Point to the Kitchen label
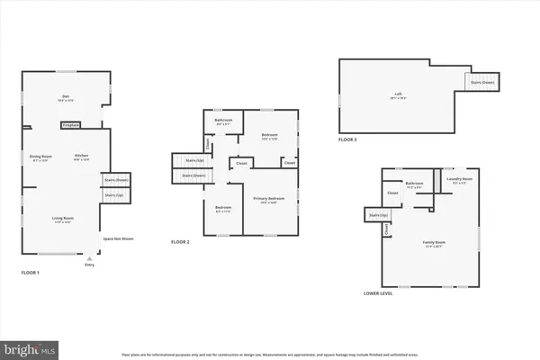click(80, 157)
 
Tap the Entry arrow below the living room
click(88, 257)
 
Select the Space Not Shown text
click(118, 238)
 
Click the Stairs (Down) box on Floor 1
click(115, 179)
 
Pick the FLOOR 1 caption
click(31, 272)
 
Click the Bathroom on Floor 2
click(223, 121)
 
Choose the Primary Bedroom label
click(268, 199)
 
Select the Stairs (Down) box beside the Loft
click(482, 81)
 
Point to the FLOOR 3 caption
click(349, 140)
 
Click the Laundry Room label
click(460, 180)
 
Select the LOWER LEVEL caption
click(377, 293)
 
